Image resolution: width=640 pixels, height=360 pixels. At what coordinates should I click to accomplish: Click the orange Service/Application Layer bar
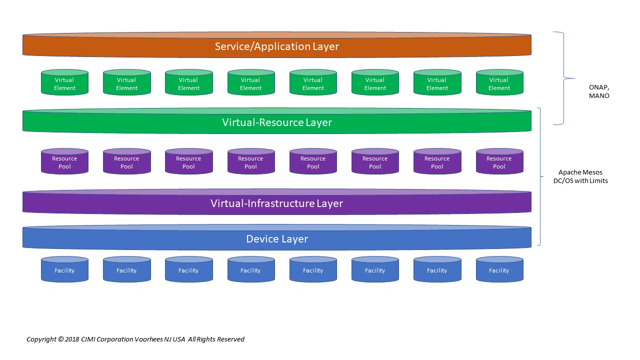click(277, 45)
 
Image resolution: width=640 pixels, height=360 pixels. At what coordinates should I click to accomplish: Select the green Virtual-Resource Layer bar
click(277, 121)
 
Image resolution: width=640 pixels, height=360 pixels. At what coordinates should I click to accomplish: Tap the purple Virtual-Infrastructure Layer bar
click(277, 201)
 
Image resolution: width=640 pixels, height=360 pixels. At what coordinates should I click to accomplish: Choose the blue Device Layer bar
click(277, 237)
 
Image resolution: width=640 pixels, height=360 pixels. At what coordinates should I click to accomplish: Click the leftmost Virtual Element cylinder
click(64, 82)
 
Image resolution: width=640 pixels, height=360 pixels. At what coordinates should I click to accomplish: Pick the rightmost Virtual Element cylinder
click(499, 82)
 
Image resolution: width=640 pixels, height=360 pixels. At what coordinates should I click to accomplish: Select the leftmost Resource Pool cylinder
click(64, 161)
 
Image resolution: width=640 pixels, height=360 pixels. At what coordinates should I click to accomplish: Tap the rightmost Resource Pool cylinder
click(499, 161)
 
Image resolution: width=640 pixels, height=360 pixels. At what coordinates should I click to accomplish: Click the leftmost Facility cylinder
click(64, 269)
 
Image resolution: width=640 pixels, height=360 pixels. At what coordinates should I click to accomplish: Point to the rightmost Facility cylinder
click(499, 269)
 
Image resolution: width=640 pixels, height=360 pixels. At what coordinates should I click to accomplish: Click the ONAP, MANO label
click(599, 91)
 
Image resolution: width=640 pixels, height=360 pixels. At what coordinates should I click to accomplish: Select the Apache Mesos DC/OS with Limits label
click(580, 176)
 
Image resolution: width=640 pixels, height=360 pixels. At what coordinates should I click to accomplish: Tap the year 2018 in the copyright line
click(72, 339)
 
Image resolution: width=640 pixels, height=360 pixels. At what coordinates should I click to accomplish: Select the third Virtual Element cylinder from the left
click(189, 82)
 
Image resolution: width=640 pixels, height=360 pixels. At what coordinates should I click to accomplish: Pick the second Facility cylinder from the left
click(127, 269)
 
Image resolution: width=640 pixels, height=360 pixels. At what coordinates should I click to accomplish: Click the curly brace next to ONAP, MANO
click(564, 78)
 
